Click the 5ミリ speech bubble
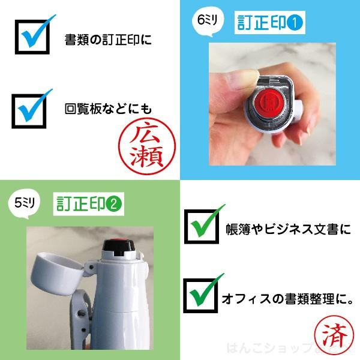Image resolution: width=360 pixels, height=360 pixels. coord(26,203)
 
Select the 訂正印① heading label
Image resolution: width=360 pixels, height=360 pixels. coord(269,23)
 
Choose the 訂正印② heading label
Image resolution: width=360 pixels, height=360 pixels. coord(88,203)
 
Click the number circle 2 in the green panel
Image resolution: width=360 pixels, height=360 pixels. coord(114,203)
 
